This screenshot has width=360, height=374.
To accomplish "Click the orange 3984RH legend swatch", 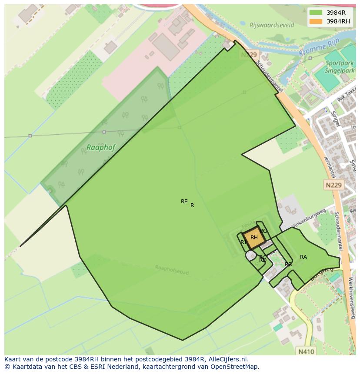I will [x=316, y=21].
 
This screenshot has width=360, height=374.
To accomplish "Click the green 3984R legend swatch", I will [x=316, y=13].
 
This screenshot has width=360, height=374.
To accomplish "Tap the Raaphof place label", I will [x=101, y=147].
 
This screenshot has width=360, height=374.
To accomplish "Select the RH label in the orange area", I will [x=254, y=238].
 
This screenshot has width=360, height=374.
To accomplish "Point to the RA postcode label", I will [x=303, y=257].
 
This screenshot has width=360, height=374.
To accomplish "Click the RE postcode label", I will [x=184, y=202].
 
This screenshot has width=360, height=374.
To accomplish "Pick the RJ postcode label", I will [x=243, y=242].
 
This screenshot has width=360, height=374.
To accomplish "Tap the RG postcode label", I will [x=263, y=231].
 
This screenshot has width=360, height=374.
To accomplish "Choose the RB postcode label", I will [x=288, y=264].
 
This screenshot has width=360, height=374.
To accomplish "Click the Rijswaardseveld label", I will [x=272, y=25].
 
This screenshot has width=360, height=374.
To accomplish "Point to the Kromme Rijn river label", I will [x=315, y=50].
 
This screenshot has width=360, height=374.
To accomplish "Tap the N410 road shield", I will [x=307, y=350].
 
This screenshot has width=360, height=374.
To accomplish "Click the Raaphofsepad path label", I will [x=172, y=270].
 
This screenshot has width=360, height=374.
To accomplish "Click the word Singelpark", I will [x=340, y=70].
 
